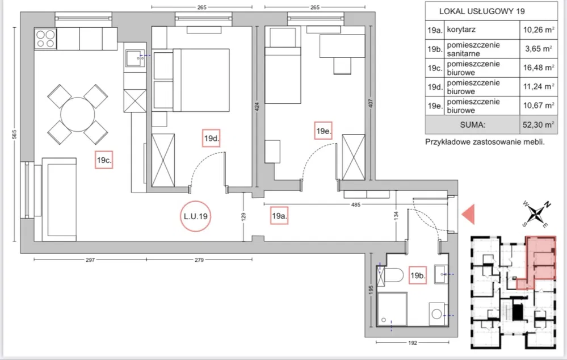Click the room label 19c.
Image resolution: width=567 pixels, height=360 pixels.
[104, 160]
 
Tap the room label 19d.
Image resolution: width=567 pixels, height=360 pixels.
[212, 138]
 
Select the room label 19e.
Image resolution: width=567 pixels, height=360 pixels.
[324, 131]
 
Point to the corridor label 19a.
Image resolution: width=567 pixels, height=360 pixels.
[279, 216]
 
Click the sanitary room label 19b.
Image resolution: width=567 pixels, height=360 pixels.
[418, 275]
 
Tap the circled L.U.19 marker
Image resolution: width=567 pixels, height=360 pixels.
[196, 216]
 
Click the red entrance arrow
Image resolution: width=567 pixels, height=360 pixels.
[468, 214]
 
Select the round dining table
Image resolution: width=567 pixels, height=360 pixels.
[78, 114]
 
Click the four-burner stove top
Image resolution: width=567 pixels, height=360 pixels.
[45, 39]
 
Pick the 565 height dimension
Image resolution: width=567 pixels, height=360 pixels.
[14, 134]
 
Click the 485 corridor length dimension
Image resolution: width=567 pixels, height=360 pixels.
[356, 204]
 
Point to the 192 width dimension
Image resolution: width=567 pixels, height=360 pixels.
[413, 342]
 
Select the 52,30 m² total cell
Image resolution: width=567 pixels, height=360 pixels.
[539, 125]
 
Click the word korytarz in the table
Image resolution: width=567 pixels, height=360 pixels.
[461, 30]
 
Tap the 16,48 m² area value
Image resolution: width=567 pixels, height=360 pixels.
[539, 68]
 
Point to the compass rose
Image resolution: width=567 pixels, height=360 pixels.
[536, 214]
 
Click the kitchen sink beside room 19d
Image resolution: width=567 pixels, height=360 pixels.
[135, 58]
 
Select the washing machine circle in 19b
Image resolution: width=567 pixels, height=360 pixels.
[437, 314]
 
